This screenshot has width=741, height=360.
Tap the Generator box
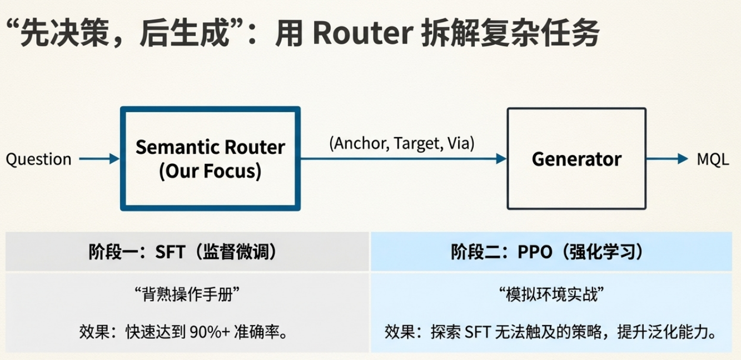(576, 159)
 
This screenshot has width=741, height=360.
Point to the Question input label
(38, 159)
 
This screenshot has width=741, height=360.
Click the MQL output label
(713, 159)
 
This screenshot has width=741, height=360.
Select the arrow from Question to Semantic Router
(99, 159)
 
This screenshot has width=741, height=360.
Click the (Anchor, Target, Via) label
(401, 143)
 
